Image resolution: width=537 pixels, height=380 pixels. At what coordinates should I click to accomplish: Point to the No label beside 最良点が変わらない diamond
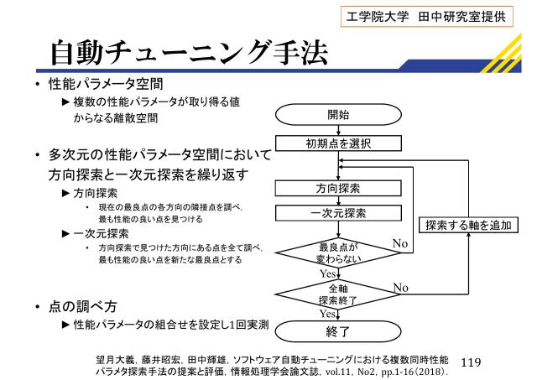click(x=402, y=242)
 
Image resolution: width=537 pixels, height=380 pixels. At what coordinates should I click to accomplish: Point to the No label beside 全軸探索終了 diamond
click(x=400, y=287)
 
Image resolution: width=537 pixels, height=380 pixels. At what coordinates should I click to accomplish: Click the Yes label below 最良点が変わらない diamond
click(x=329, y=274)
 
